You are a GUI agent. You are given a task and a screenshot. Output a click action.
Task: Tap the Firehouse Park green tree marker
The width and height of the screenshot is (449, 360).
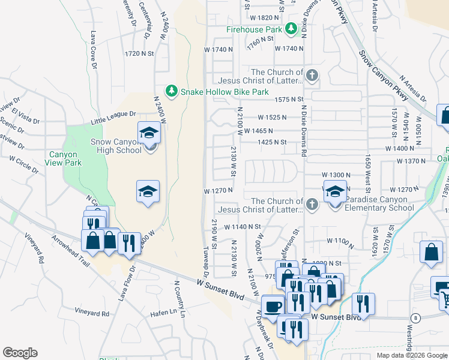[291, 29]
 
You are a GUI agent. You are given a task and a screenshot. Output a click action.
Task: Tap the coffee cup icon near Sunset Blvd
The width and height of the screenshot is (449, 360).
[273, 305]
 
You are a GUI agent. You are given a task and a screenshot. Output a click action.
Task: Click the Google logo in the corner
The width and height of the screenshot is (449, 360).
[20, 353]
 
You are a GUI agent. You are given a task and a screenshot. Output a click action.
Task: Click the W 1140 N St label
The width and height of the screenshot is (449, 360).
[244, 227]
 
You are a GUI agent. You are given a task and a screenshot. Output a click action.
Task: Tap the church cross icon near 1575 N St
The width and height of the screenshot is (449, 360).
[311, 76]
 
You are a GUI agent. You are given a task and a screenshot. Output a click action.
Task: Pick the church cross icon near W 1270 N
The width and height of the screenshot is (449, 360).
[311, 205]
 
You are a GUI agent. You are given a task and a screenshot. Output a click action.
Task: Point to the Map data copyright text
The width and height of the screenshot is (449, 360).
[412, 355]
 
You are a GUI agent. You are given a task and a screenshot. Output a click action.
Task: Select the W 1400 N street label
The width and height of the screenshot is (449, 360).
[400, 148]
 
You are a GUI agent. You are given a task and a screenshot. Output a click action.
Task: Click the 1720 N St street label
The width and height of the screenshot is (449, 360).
[139, 53]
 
